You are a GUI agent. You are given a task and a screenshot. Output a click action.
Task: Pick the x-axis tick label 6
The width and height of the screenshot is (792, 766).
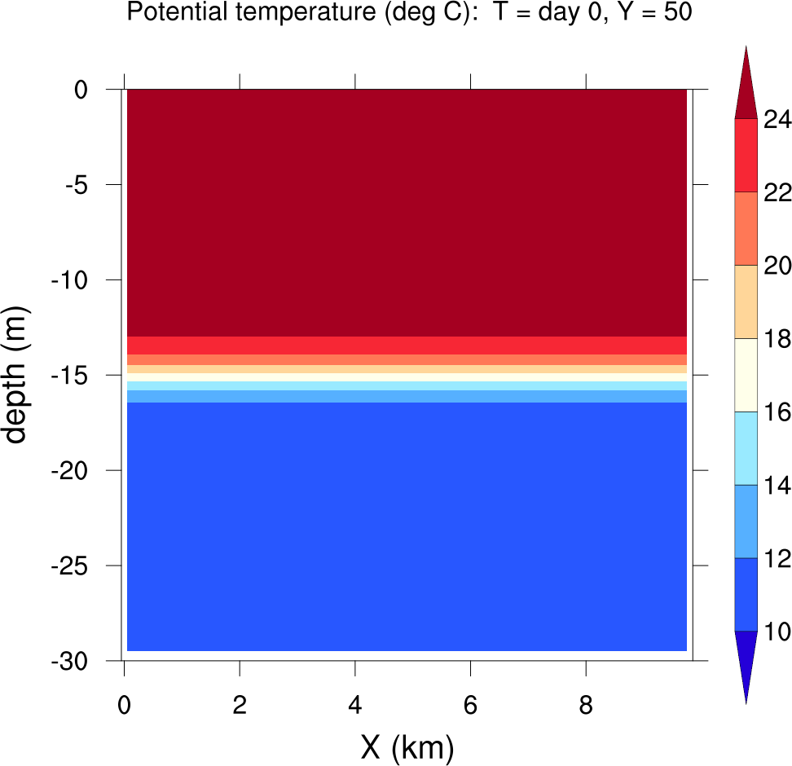click(470, 707)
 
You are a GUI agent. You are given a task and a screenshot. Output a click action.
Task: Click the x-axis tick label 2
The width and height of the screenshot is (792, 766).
click(240, 707)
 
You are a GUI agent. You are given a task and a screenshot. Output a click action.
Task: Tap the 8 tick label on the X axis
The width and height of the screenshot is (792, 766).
click(586, 707)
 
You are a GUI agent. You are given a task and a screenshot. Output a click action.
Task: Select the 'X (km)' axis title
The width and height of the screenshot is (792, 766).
click(407, 746)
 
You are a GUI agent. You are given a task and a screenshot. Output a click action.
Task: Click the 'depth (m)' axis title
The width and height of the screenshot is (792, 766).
click(16, 376)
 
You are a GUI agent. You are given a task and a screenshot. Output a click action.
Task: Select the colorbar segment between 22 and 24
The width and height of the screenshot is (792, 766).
click(746, 156)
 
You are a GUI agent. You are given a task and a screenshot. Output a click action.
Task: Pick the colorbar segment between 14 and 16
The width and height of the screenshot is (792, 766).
click(746, 448)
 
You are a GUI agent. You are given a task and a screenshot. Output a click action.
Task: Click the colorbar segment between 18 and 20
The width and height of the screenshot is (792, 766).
click(746, 302)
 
